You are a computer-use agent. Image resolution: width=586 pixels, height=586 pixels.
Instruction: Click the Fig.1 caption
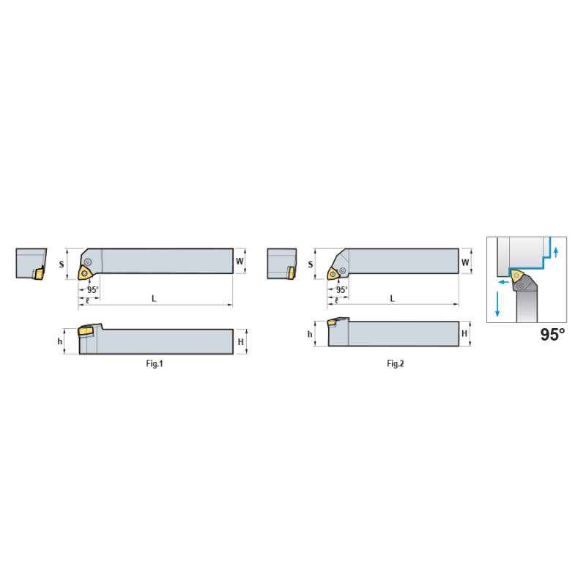tap(155, 363)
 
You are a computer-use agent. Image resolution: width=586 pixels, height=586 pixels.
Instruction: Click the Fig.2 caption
tap(396, 363)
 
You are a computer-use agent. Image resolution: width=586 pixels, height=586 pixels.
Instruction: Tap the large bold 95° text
tap(553, 335)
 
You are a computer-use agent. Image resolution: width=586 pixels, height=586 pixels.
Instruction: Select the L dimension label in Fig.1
tap(154, 298)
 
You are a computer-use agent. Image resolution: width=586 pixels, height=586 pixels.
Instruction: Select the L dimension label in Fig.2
tap(392, 298)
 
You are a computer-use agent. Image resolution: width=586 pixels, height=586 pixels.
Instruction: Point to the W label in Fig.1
tap(240, 262)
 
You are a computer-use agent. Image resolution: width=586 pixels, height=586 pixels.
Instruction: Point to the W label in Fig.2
tap(465, 262)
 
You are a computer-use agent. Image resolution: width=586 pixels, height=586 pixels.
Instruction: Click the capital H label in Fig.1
tap(241, 342)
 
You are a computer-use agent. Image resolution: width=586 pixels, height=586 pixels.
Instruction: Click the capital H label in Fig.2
tap(464, 333)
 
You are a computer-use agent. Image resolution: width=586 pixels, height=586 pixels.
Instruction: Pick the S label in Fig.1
tap(62, 264)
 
